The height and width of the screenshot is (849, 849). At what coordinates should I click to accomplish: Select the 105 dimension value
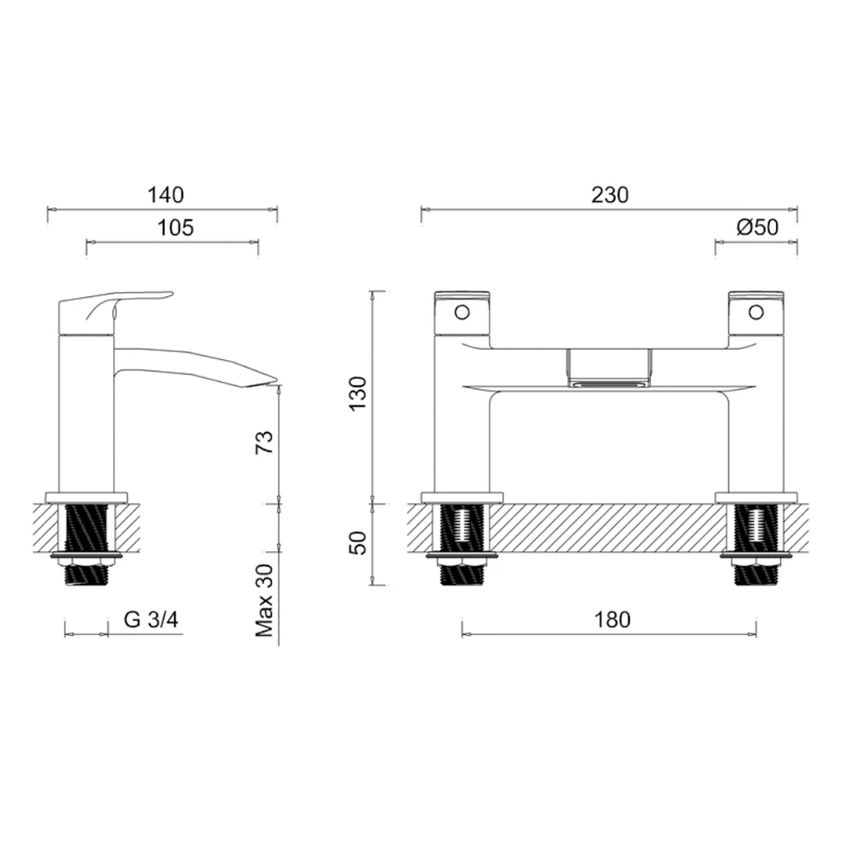[176, 228]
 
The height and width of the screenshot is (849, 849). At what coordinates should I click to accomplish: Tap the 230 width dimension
[610, 194]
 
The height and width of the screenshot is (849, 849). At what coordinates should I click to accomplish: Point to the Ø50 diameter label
[757, 228]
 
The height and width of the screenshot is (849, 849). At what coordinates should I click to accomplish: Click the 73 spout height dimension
[265, 442]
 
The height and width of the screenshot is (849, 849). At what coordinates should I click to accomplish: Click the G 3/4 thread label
[151, 620]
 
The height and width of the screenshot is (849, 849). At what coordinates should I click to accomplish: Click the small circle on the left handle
[462, 312]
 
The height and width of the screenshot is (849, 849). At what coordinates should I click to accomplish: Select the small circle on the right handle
[755, 312]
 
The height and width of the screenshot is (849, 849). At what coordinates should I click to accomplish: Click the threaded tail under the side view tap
[88, 543]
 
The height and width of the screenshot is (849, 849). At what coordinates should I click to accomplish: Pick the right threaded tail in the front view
[756, 543]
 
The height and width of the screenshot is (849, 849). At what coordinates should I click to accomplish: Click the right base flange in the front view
[756, 498]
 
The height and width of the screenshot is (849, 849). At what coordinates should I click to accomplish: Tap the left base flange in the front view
[462, 498]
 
